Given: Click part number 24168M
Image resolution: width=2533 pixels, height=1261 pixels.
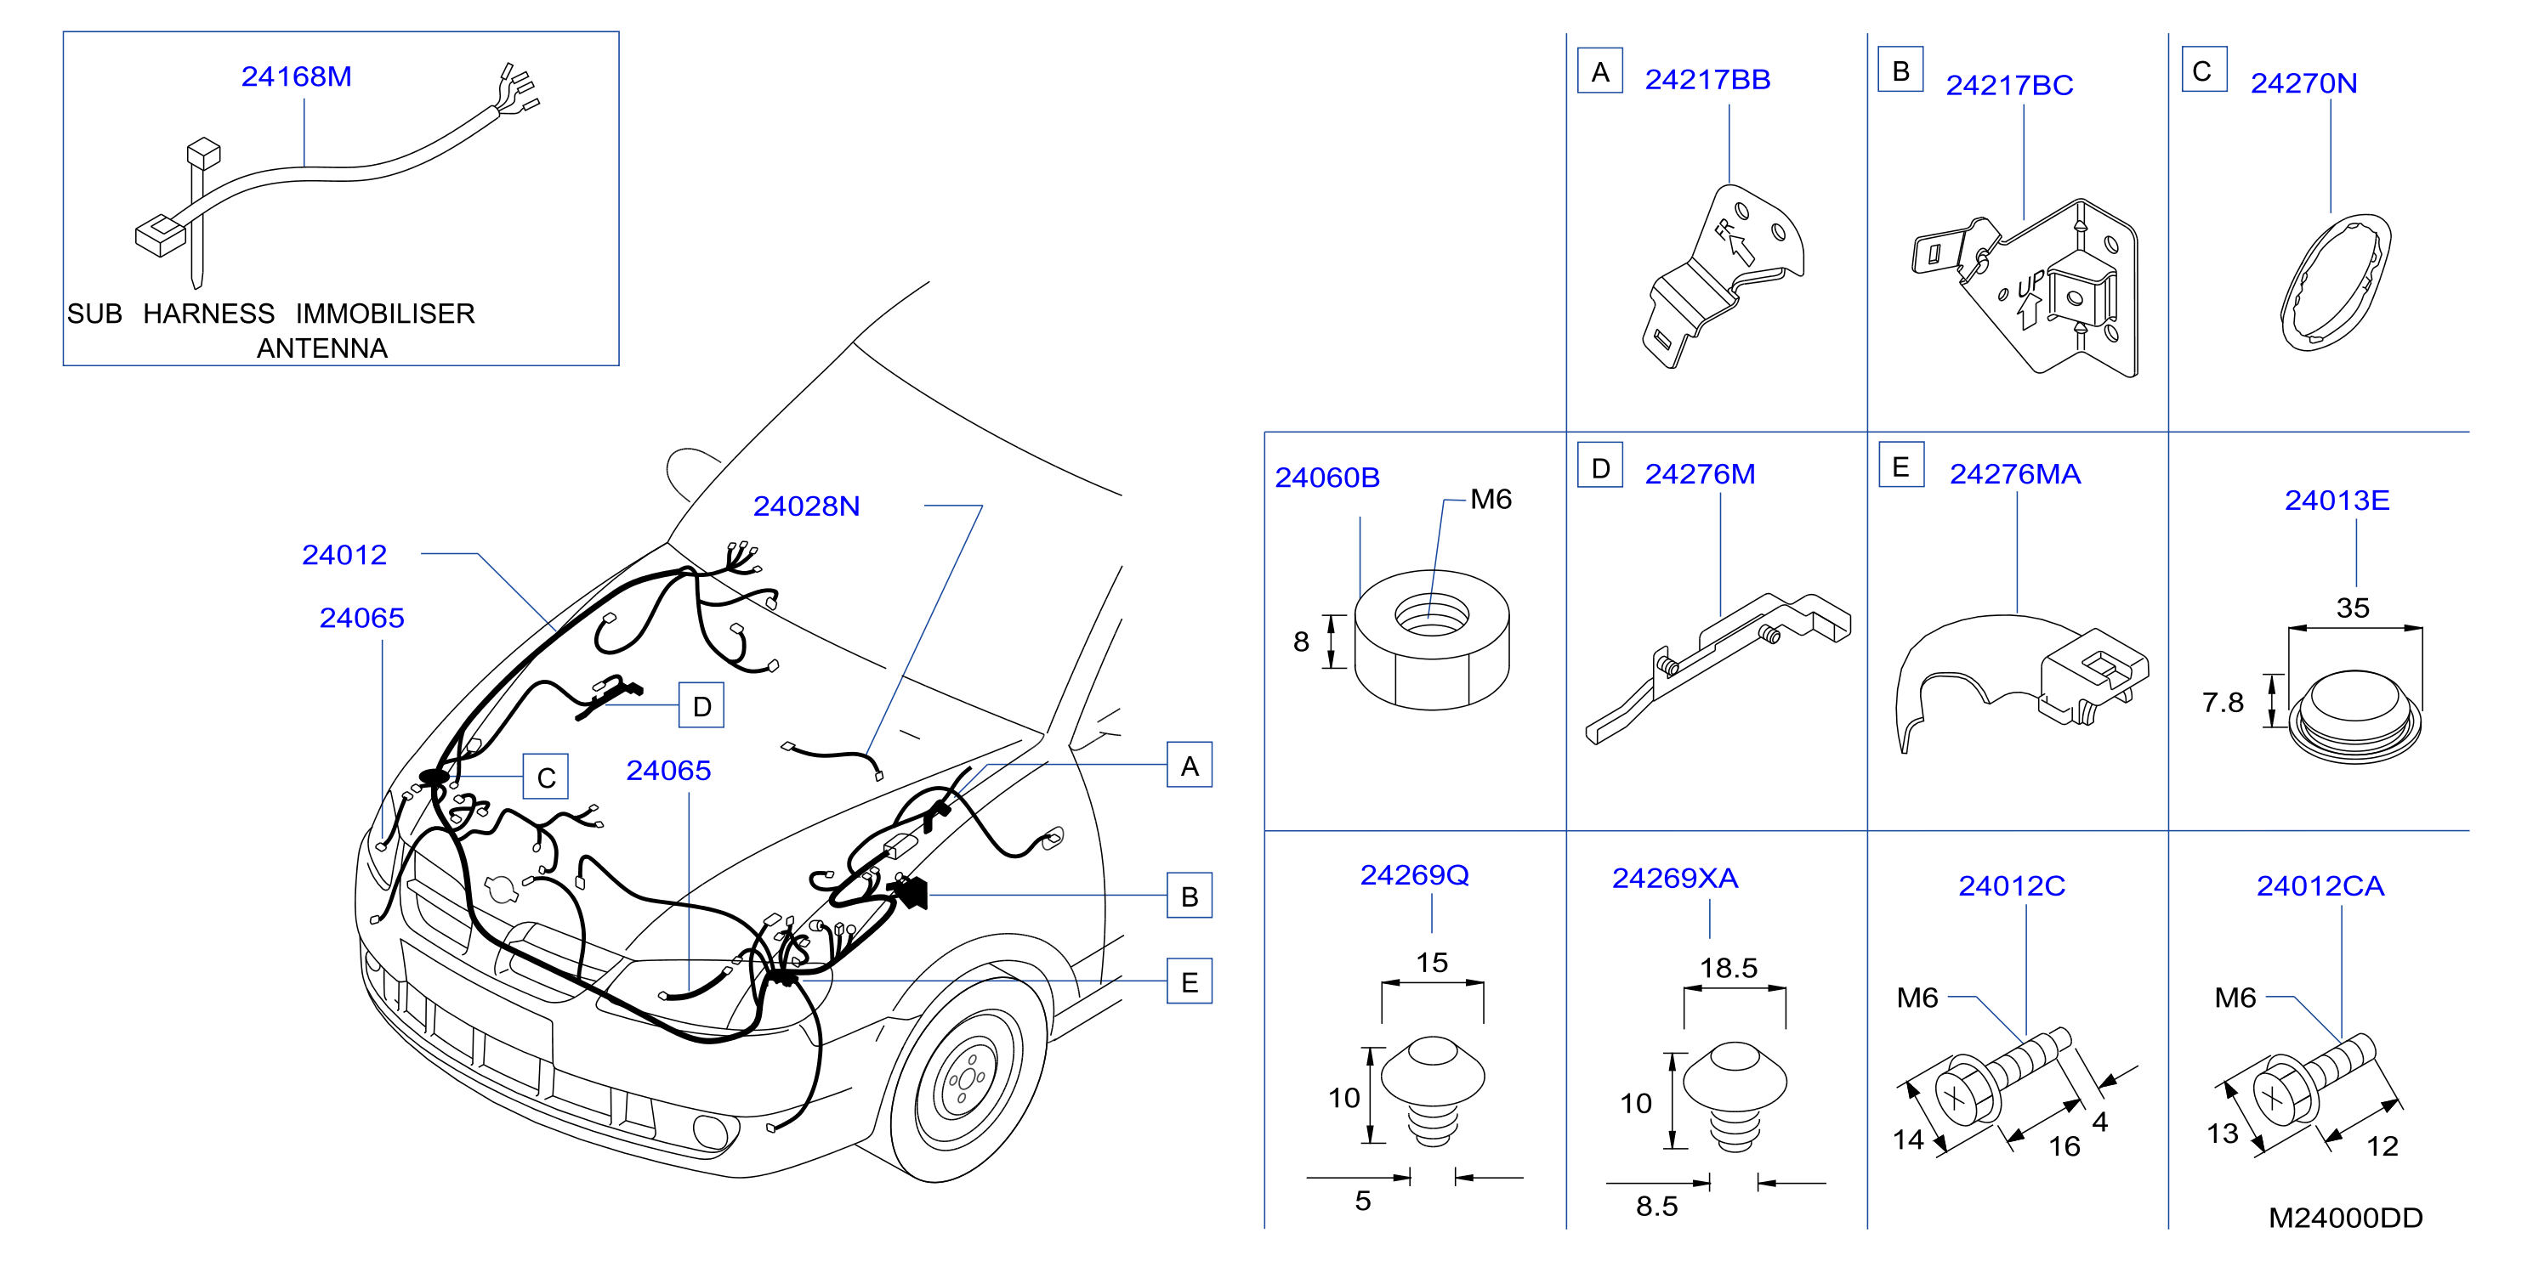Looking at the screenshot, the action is [296, 76].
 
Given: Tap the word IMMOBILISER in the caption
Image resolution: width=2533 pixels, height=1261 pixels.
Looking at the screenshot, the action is [384, 314].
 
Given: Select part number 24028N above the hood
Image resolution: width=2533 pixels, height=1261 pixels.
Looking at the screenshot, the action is [806, 506].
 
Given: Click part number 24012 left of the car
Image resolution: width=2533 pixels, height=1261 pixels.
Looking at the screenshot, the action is [344, 556].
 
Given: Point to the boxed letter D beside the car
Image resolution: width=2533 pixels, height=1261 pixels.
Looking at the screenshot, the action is [701, 705].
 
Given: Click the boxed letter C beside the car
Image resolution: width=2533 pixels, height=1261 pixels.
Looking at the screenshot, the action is [546, 777].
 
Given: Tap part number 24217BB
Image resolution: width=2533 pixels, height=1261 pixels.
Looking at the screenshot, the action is [1707, 80].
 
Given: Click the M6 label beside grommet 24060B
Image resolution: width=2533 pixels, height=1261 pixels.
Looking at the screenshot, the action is [1491, 500].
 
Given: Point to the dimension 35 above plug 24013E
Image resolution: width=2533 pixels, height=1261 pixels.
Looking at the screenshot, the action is [2352, 608].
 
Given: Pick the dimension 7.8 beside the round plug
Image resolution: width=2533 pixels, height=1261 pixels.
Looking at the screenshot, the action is [2223, 703].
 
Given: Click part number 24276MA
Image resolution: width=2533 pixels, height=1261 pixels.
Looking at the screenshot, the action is [2015, 475].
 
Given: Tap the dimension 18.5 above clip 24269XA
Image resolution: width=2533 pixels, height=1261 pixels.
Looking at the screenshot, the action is [1729, 968].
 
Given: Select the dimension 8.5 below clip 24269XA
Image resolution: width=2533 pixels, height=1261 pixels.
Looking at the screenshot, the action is [1657, 1206].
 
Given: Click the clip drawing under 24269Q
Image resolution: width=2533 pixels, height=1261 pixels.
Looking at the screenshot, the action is [1433, 1090].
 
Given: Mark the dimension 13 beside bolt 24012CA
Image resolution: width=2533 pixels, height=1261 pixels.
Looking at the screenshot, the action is [2223, 1134].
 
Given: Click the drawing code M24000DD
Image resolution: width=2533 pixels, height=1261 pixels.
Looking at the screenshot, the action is [2345, 1218].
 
